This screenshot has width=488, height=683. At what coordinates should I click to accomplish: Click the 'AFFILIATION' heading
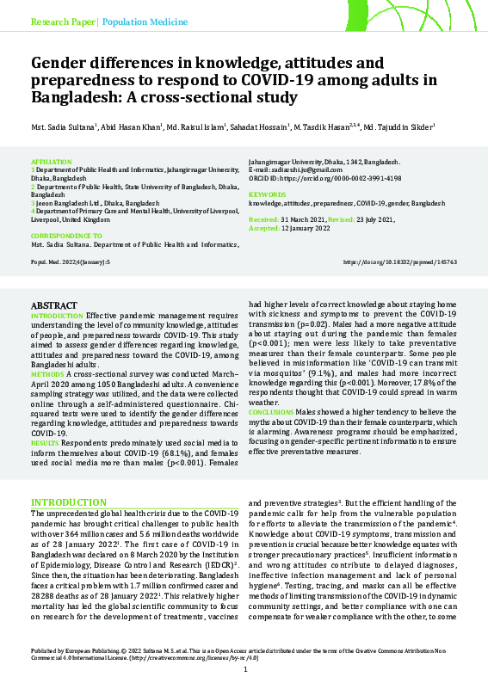point(46,162)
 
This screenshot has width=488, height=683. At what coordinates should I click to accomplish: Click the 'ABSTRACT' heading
point(53,305)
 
